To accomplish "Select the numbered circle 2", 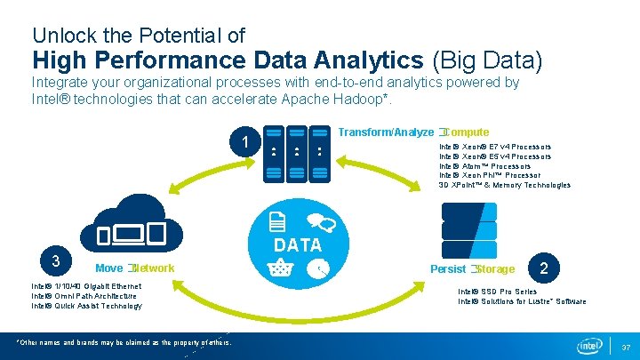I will click(544, 267).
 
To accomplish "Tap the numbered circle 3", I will click(55, 260).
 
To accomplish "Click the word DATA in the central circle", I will click(297, 244).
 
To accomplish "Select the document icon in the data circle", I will click(277, 222).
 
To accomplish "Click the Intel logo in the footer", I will click(589, 345).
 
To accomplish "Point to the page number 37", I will click(625, 347).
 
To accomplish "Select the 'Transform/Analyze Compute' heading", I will click(413, 132).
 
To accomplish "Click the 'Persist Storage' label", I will click(472, 268).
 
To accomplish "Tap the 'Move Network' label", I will click(134, 268).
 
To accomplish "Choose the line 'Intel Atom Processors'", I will click(485, 166).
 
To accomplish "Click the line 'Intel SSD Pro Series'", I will click(497, 292).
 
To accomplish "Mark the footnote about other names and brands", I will click(124, 342).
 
